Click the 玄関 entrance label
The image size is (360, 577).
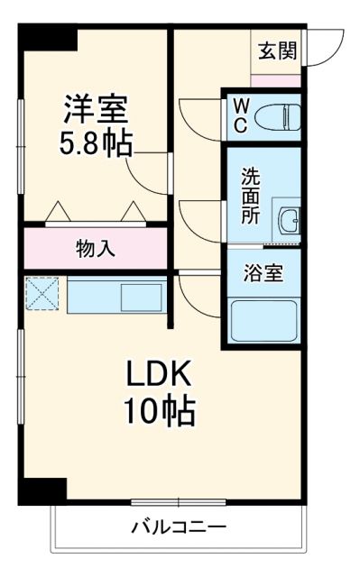(x=278, y=50)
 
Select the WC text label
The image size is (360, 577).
(x=240, y=115)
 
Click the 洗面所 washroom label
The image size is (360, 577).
(x=250, y=196)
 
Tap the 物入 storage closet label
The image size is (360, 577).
(x=95, y=249)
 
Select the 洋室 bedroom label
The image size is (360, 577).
(x=95, y=108)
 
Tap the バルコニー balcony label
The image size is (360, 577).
(x=179, y=526)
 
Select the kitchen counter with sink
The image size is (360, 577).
(x=115, y=295)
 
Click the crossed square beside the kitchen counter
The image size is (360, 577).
(x=41, y=293)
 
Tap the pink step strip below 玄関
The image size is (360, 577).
(x=275, y=80)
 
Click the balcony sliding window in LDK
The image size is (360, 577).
(x=178, y=501)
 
